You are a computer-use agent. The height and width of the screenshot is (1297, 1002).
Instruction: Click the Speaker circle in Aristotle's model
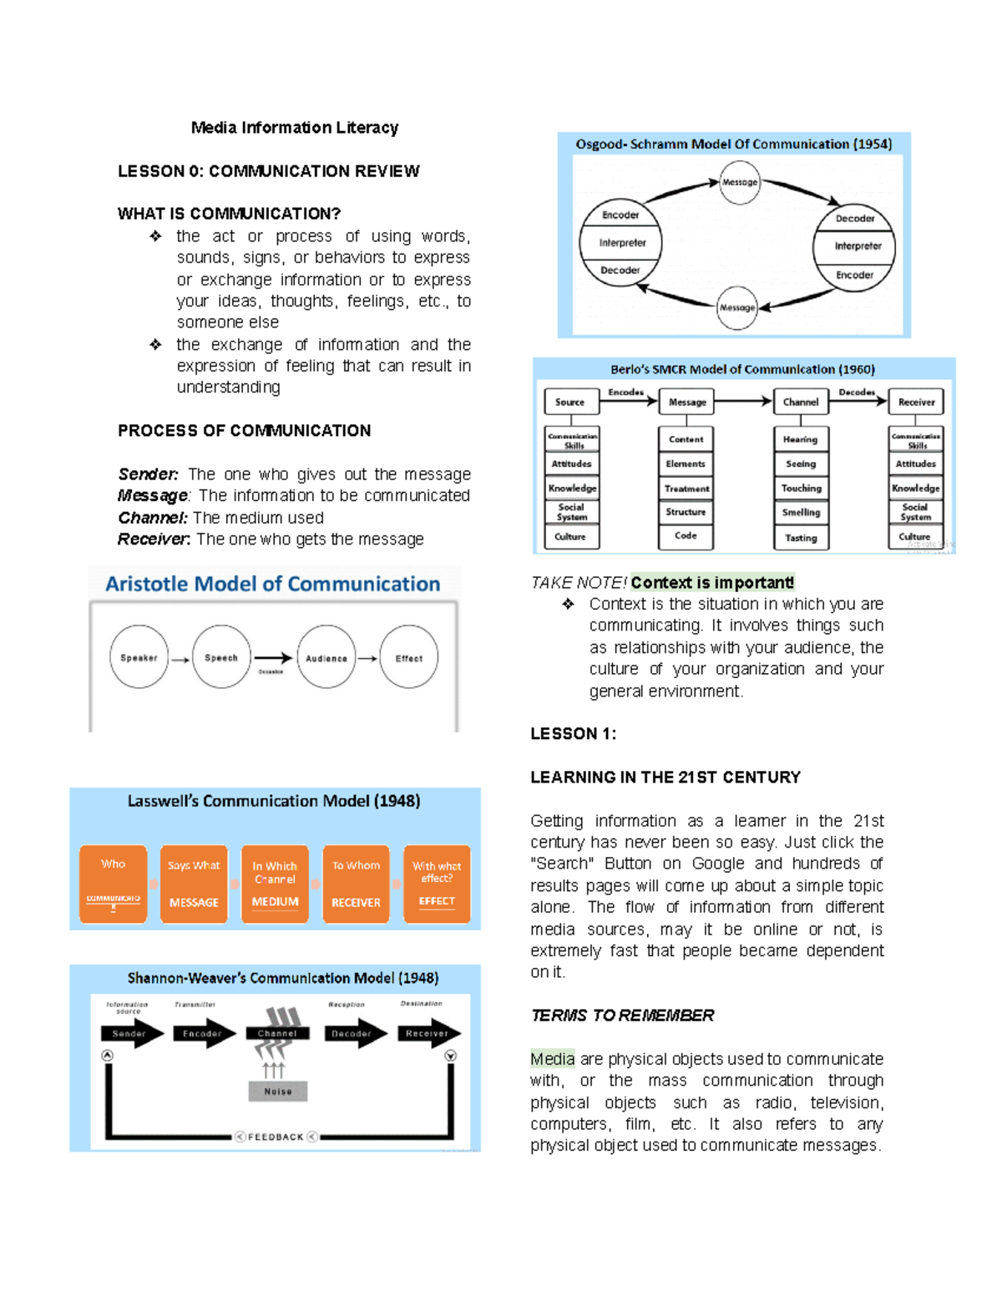tap(139, 657)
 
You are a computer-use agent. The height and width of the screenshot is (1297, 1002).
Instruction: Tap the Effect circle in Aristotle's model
tap(408, 658)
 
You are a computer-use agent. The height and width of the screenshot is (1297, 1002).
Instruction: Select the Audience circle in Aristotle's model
tap(326, 658)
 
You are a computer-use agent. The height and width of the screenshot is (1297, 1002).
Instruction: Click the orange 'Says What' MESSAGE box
tap(194, 884)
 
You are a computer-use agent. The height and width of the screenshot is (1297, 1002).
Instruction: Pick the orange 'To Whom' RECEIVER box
tap(356, 884)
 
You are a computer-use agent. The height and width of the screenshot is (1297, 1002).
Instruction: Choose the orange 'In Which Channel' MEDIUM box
tap(275, 884)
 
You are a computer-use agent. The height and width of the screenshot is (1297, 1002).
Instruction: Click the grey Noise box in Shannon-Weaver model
tap(278, 1091)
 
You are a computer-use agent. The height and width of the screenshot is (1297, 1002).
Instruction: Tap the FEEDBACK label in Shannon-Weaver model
tap(276, 1137)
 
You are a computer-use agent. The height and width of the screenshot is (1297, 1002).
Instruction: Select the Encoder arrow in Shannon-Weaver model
tap(203, 1033)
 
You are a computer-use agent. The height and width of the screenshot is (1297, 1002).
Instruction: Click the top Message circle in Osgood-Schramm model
tap(740, 182)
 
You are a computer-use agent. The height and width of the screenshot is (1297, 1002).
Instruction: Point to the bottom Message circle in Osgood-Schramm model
tap(737, 307)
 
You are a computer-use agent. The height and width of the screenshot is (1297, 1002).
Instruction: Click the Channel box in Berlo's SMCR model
tap(800, 402)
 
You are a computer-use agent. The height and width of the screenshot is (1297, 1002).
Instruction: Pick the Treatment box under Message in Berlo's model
tap(686, 489)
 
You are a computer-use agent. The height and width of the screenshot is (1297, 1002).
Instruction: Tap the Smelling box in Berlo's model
tap(801, 513)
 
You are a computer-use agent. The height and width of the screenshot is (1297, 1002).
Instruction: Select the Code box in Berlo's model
tap(686, 536)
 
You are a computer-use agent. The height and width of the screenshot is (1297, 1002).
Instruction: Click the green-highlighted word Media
tap(552, 1059)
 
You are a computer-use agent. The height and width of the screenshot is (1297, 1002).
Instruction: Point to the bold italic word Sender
tap(148, 474)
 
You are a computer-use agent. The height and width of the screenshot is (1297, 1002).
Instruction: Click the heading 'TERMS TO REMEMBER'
tap(622, 1016)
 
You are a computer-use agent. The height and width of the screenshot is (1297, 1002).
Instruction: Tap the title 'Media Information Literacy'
tap(294, 128)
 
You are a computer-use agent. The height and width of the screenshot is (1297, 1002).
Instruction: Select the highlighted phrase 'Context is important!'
tap(712, 582)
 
